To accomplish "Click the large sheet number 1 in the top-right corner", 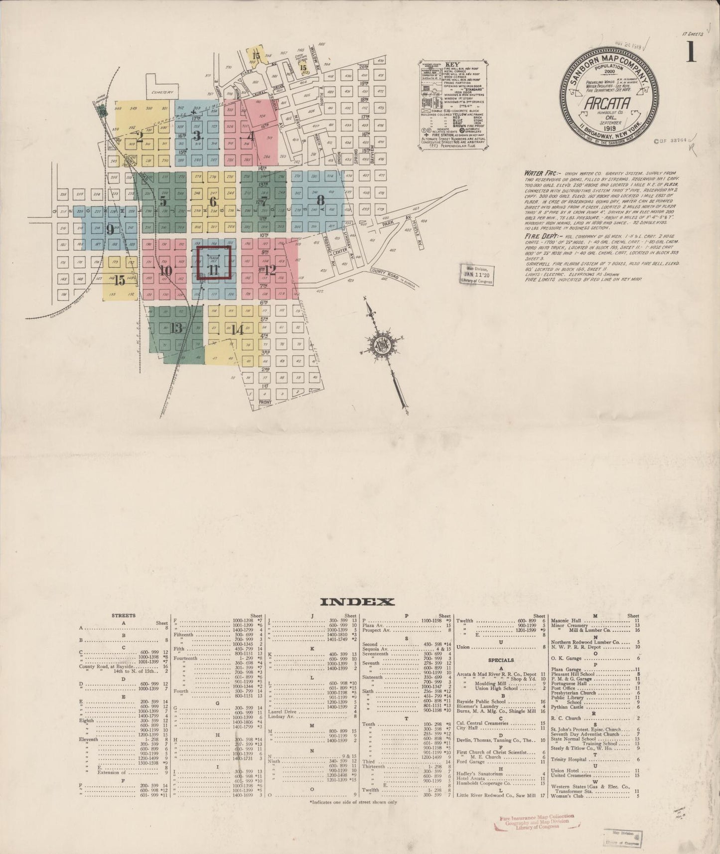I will [691, 52].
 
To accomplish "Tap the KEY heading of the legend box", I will [452, 65].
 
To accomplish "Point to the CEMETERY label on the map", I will [163, 93].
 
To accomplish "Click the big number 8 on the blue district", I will [321, 200].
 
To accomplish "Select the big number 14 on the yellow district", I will [237, 329].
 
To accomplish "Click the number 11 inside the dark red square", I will [214, 270].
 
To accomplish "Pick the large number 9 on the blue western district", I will [110, 229].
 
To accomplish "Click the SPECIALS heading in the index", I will [501, 660].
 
